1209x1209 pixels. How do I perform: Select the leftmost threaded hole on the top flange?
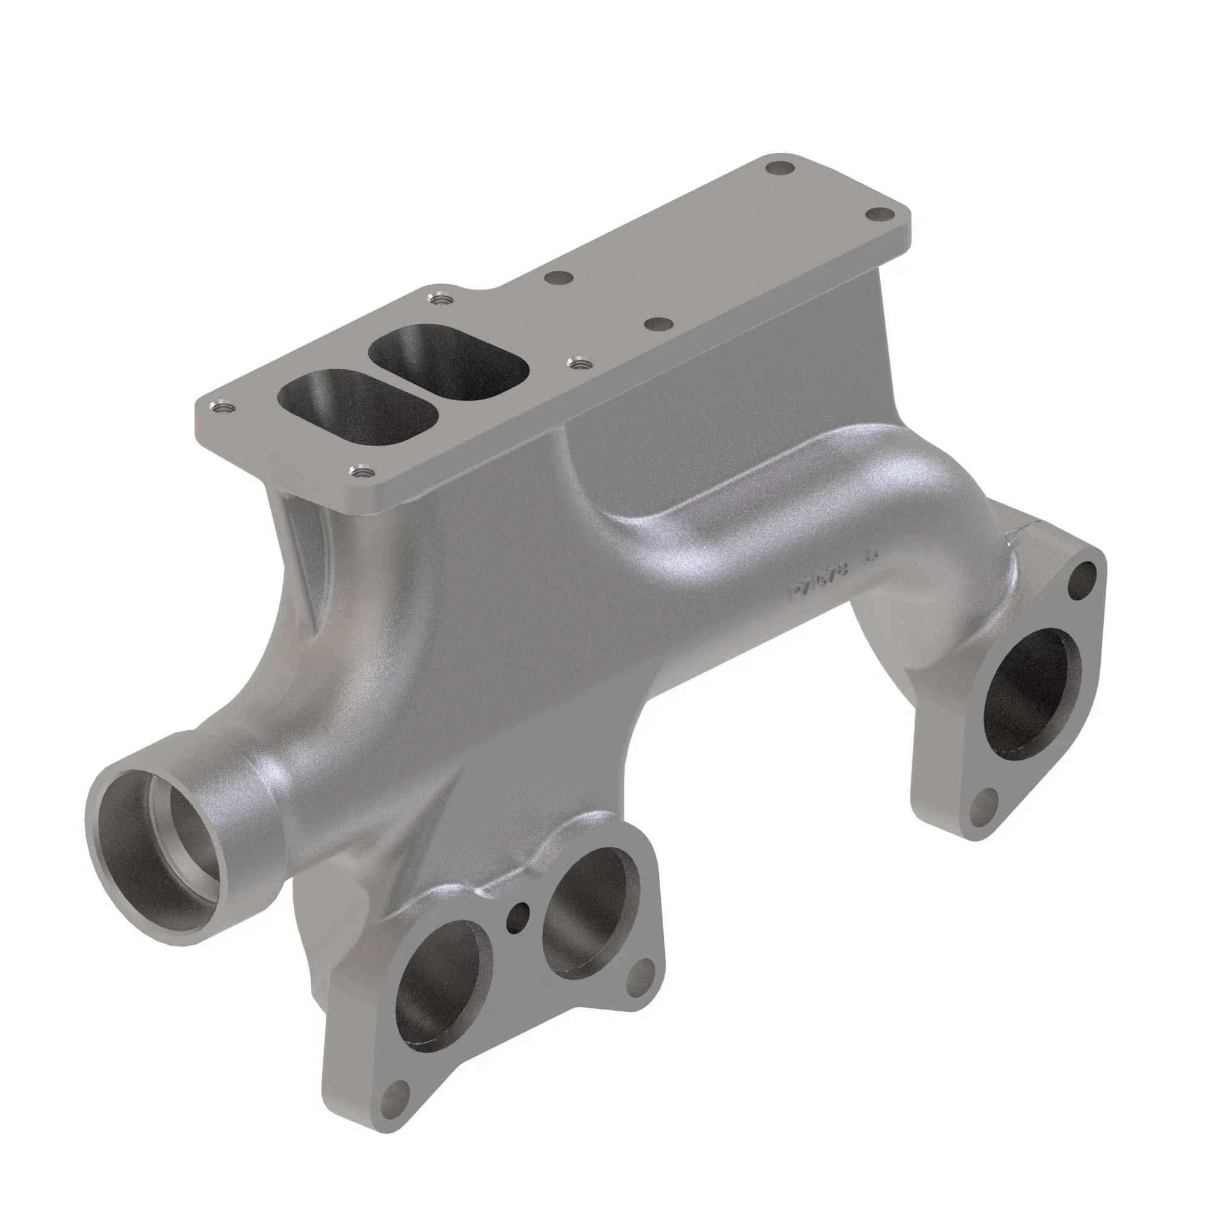tap(221, 406)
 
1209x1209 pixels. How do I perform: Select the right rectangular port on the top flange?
tap(448, 362)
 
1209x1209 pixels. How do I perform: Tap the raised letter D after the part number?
tap(872, 555)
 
